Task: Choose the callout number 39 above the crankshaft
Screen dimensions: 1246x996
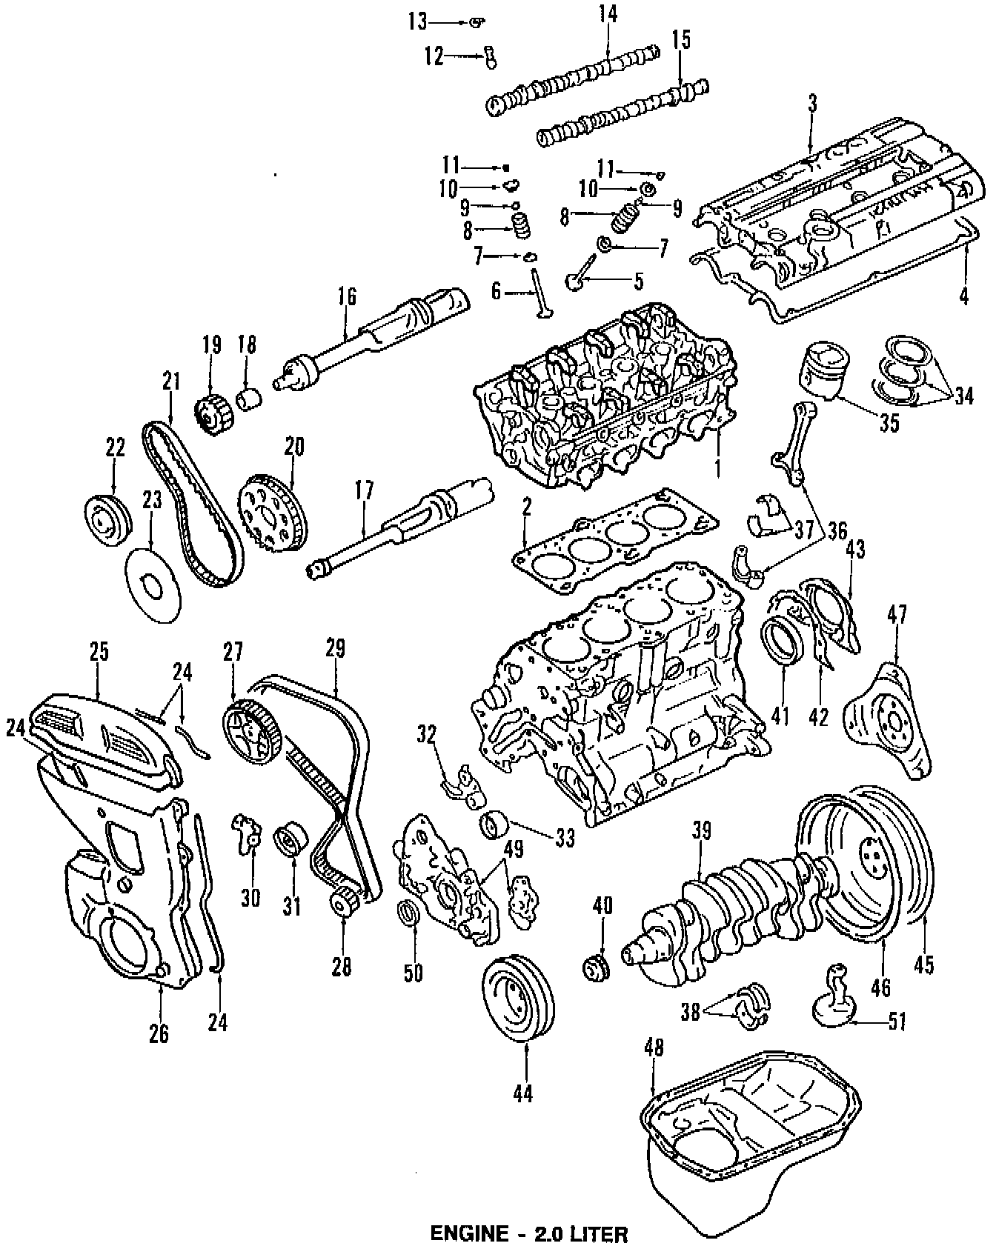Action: pos(701,831)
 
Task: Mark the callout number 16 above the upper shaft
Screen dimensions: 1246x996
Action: pos(347,296)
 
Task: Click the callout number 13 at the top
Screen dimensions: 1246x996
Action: pos(417,22)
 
